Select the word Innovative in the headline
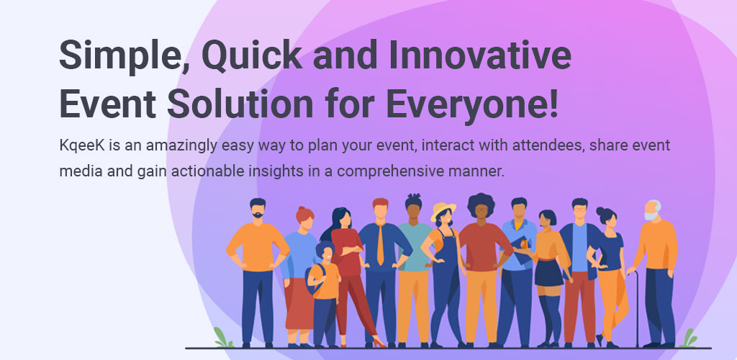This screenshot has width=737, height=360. click(480, 55)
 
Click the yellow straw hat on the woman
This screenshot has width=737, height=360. click(443, 210)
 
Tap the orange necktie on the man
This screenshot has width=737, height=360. click(380, 244)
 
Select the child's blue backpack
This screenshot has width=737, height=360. click(315, 279)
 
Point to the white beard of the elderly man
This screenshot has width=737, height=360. click(651, 216)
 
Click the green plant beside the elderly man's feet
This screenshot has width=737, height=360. click(689, 338)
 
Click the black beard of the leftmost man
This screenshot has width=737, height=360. click(258, 215)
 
